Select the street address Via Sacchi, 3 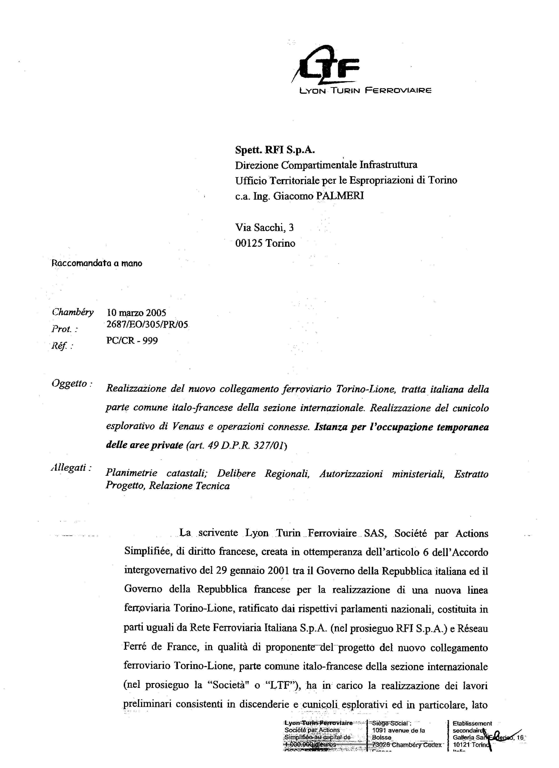tap(265, 227)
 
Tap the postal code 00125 tap(249, 243)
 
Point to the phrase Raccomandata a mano tap(97, 263)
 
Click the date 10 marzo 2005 tap(136, 313)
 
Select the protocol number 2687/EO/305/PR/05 tap(147, 324)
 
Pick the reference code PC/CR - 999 tap(132, 340)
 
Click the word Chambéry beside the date tap(73, 312)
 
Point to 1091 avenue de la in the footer tap(398, 731)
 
